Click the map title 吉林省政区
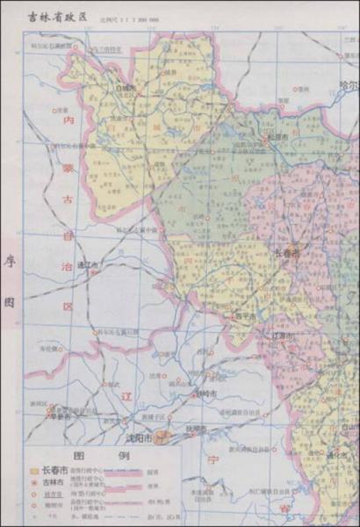pyautogui.click(x=59, y=15)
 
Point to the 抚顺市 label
pyautogui.click(x=196, y=429)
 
